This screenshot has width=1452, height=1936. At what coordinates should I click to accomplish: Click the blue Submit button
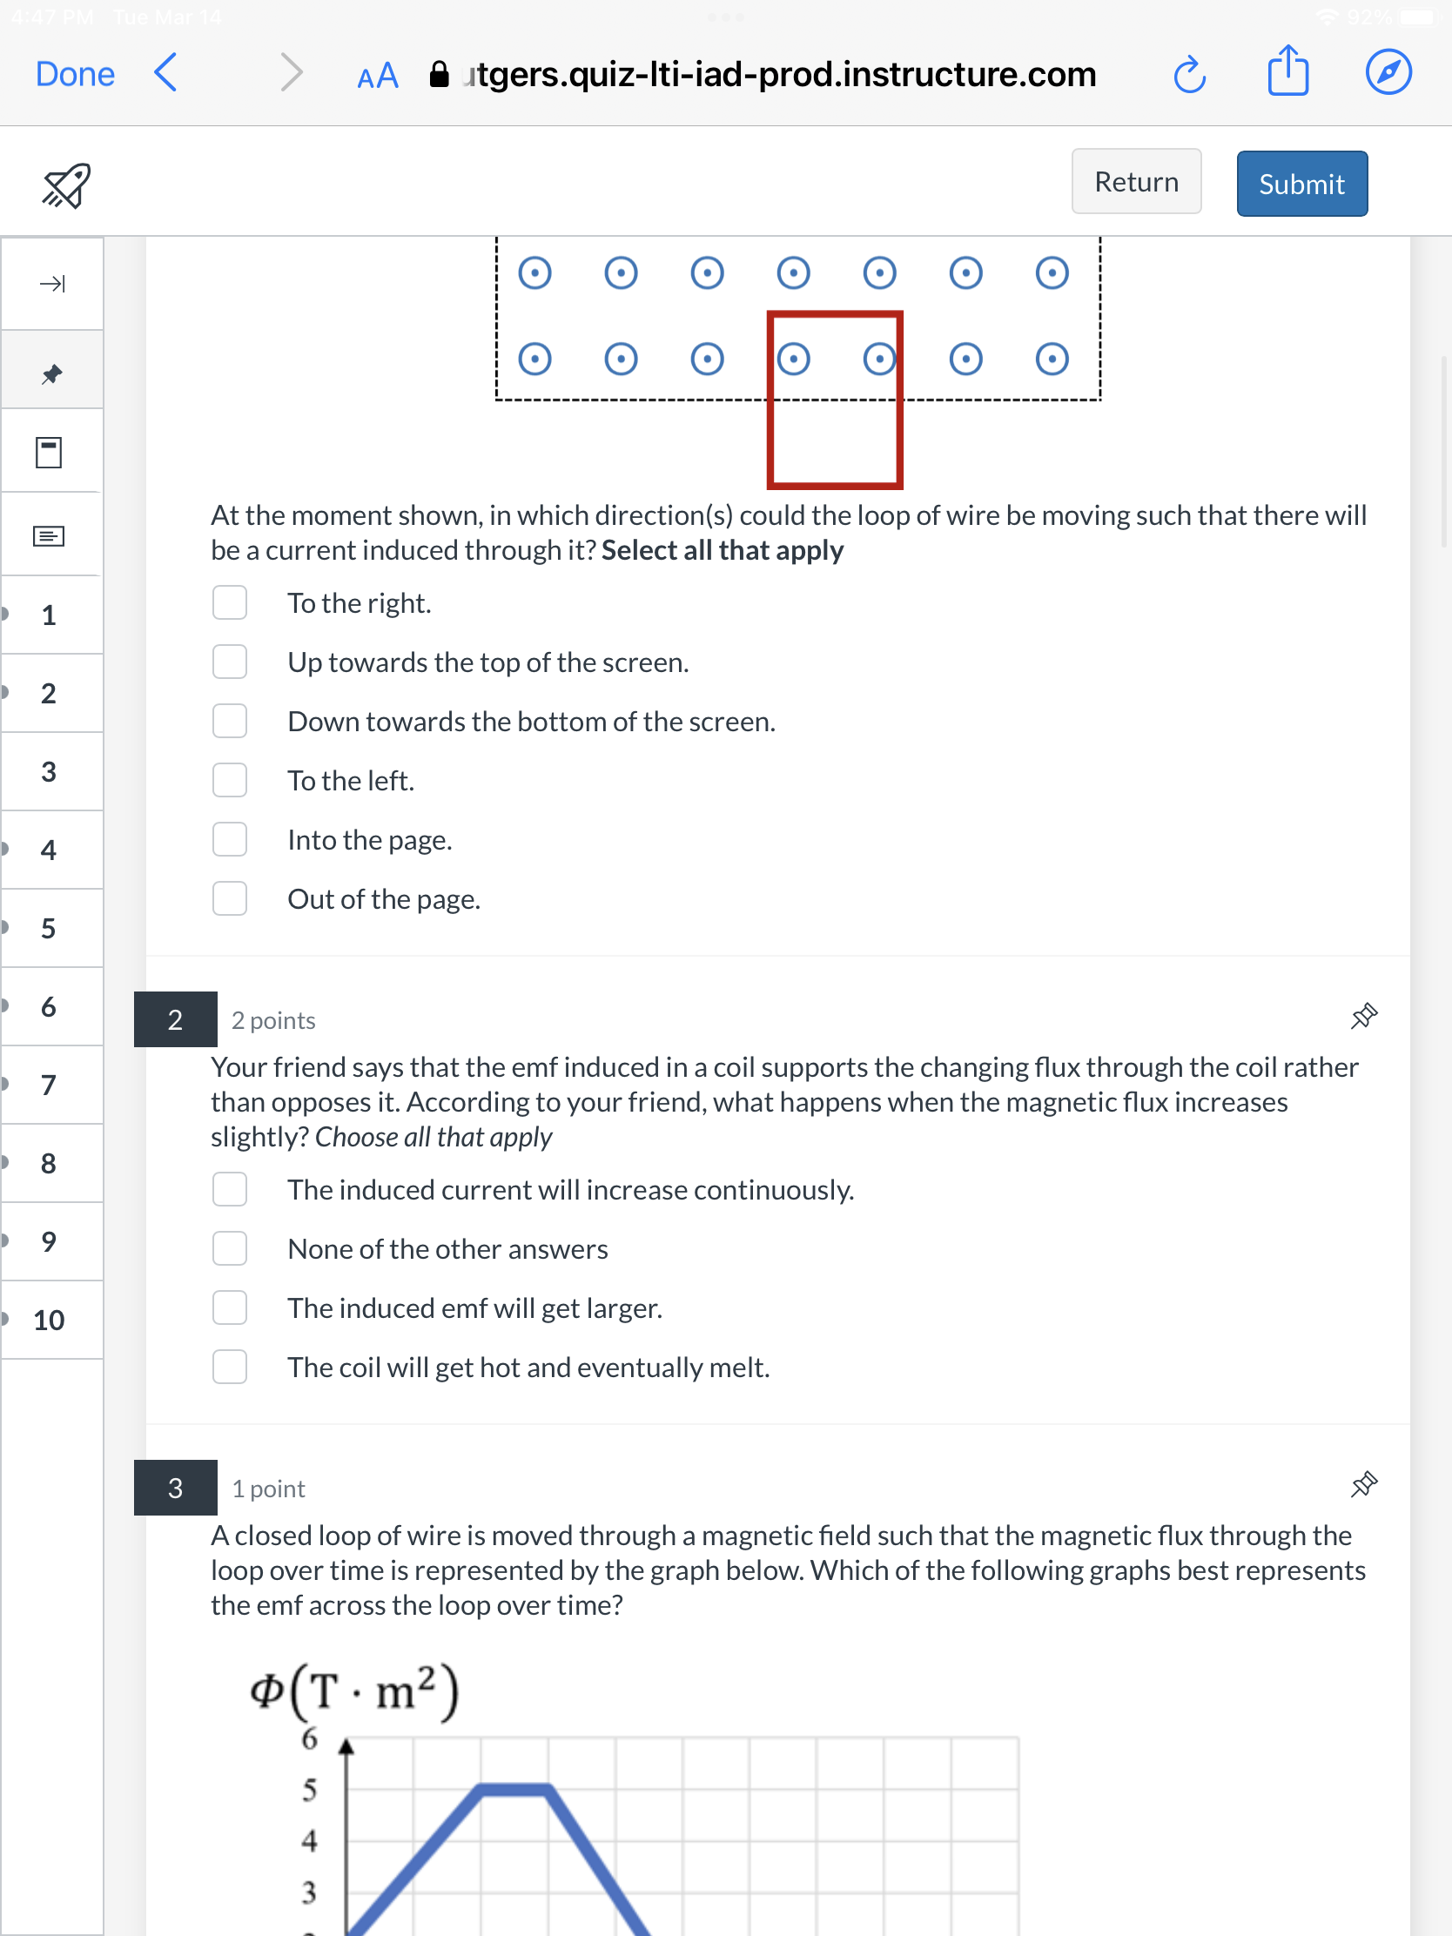click(x=1301, y=184)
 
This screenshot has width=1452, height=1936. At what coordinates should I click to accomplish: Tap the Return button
click(x=1135, y=182)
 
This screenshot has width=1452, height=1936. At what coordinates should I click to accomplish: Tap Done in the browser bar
click(x=74, y=74)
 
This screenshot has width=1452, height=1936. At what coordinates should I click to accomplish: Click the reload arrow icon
click(x=1188, y=74)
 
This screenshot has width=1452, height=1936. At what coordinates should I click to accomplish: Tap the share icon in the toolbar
click(x=1287, y=71)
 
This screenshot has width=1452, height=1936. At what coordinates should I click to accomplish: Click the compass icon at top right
click(x=1388, y=72)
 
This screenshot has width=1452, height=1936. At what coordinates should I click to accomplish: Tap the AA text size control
click(x=378, y=77)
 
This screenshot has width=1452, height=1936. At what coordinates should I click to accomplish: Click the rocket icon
click(x=66, y=185)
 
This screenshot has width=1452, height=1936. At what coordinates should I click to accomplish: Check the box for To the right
click(x=229, y=603)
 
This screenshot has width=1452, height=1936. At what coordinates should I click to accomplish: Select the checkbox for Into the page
click(x=229, y=839)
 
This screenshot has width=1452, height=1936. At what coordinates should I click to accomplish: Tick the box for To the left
click(x=229, y=780)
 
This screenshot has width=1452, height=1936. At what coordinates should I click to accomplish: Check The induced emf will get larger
click(x=229, y=1307)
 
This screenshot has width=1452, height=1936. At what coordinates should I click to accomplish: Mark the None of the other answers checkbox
click(x=229, y=1249)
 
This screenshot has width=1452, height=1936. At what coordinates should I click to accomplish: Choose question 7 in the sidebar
click(x=49, y=1086)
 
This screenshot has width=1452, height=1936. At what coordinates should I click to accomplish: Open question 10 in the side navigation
click(x=49, y=1320)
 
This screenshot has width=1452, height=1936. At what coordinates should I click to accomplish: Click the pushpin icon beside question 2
click(x=1362, y=1017)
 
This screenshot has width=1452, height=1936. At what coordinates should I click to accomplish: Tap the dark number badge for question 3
click(x=175, y=1487)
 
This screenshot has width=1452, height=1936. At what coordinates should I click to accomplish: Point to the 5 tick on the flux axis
click(x=309, y=1791)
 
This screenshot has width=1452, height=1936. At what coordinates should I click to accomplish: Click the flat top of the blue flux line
click(x=514, y=1789)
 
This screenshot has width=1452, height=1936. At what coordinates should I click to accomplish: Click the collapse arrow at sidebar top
click(x=51, y=284)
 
